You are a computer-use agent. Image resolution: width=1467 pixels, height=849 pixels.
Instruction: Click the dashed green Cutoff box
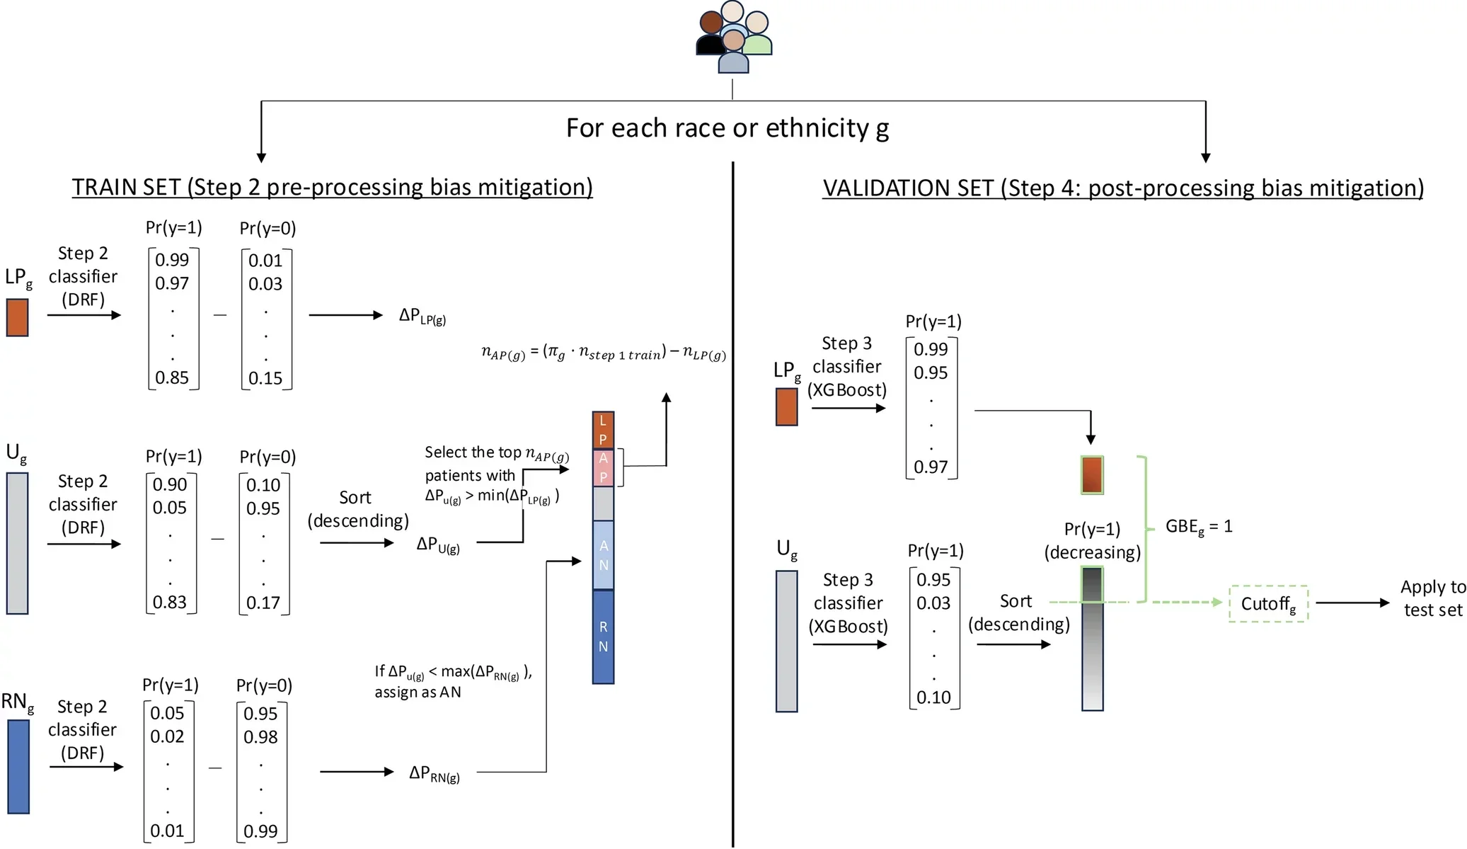[1268, 604]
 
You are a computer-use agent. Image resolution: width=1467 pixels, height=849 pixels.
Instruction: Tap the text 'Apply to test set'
[1432, 598]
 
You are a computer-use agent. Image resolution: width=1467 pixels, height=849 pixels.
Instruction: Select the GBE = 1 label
[1198, 527]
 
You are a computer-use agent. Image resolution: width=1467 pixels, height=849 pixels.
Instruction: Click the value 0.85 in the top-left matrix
[172, 377]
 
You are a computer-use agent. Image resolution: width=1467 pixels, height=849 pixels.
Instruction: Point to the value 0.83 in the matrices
[170, 602]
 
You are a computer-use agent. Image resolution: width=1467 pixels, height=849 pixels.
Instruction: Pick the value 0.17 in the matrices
[263, 603]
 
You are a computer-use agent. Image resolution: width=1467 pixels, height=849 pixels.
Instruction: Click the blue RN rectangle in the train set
[18, 766]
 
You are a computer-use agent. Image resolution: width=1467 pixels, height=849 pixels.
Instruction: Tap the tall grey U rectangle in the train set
[17, 543]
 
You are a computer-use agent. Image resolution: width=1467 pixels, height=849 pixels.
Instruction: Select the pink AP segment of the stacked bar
[603, 467]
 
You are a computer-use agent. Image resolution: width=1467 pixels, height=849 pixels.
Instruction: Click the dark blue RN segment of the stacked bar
[603, 637]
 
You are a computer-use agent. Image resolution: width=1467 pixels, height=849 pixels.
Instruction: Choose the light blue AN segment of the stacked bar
[603, 555]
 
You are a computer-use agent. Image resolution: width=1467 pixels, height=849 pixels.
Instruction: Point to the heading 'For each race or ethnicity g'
[727, 128]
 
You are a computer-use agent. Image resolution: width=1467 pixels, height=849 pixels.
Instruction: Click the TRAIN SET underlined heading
[332, 187]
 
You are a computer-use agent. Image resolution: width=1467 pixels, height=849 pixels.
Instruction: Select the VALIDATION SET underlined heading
[1122, 188]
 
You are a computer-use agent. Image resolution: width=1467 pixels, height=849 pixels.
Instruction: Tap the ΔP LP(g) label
[422, 316]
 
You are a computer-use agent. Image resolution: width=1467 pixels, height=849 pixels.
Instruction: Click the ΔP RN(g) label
[434, 773]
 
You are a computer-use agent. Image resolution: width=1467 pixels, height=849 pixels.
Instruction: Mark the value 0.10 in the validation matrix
[933, 697]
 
